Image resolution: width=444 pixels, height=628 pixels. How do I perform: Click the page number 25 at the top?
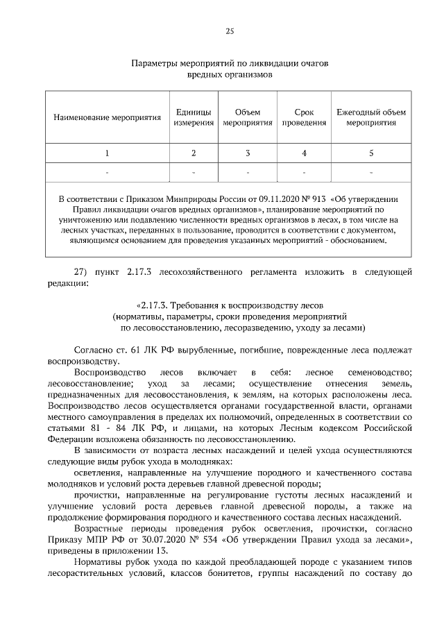[x=229, y=31]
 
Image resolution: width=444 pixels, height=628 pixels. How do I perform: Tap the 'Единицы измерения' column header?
[x=194, y=117]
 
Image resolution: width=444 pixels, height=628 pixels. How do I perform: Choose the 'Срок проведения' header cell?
[x=304, y=117]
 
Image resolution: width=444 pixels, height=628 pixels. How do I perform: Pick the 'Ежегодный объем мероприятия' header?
[x=371, y=117]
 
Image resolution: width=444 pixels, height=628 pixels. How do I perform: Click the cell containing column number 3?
[x=248, y=153]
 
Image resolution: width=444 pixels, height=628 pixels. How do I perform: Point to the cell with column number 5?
[x=371, y=153]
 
